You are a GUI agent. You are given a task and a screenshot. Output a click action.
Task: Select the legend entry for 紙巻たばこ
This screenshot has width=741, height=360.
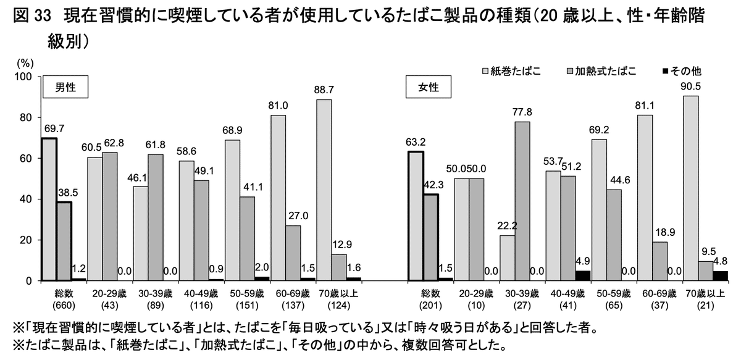[511, 71]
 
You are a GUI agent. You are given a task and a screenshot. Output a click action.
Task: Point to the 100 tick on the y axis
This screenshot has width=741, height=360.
[23, 77]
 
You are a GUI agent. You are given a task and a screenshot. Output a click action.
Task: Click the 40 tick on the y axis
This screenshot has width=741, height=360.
[26, 199]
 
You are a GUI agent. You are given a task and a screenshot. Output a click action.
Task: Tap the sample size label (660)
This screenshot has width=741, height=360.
[62, 305]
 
